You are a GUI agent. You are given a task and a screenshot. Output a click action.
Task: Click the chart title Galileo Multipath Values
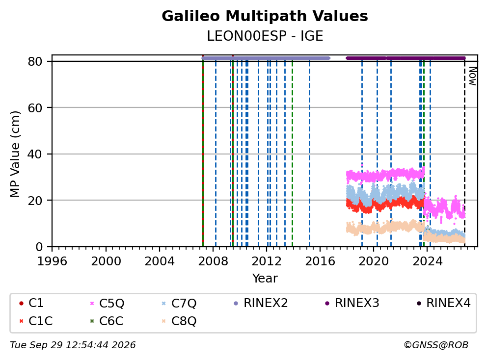[265, 16]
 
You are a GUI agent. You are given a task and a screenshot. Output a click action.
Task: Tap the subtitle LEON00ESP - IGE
[265, 36]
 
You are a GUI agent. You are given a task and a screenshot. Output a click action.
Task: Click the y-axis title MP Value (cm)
[15, 154]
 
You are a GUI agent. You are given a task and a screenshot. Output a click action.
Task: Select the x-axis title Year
[265, 278]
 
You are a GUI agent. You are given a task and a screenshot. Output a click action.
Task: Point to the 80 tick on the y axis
[35, 61]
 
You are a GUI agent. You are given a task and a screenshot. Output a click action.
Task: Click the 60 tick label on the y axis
[35, 108]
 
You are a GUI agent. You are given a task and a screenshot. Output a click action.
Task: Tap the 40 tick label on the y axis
[35, 154]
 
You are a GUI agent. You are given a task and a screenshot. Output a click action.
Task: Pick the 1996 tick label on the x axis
[52, 261]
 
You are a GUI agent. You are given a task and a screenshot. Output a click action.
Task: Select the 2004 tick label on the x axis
[160, 261]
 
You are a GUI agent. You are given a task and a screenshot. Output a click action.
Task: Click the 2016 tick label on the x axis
[320, 261]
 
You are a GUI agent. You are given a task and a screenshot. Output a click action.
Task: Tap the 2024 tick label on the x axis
[428, 261]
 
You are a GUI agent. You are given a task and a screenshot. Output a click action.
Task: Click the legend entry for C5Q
[107, 303]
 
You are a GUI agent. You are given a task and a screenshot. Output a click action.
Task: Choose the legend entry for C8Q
[179, 321]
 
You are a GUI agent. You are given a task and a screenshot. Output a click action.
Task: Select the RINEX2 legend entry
[261, 303]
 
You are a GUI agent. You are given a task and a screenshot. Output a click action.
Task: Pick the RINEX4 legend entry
[443, 303]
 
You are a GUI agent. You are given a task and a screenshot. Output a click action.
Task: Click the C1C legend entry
[36, 321]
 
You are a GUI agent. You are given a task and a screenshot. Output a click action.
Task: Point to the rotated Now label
[472, 76]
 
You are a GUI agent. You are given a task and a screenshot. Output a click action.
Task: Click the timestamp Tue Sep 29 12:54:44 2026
[73, 345]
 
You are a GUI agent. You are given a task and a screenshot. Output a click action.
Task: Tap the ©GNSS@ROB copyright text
[436, 345]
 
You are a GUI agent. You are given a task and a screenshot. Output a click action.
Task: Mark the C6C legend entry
[107, 321]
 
